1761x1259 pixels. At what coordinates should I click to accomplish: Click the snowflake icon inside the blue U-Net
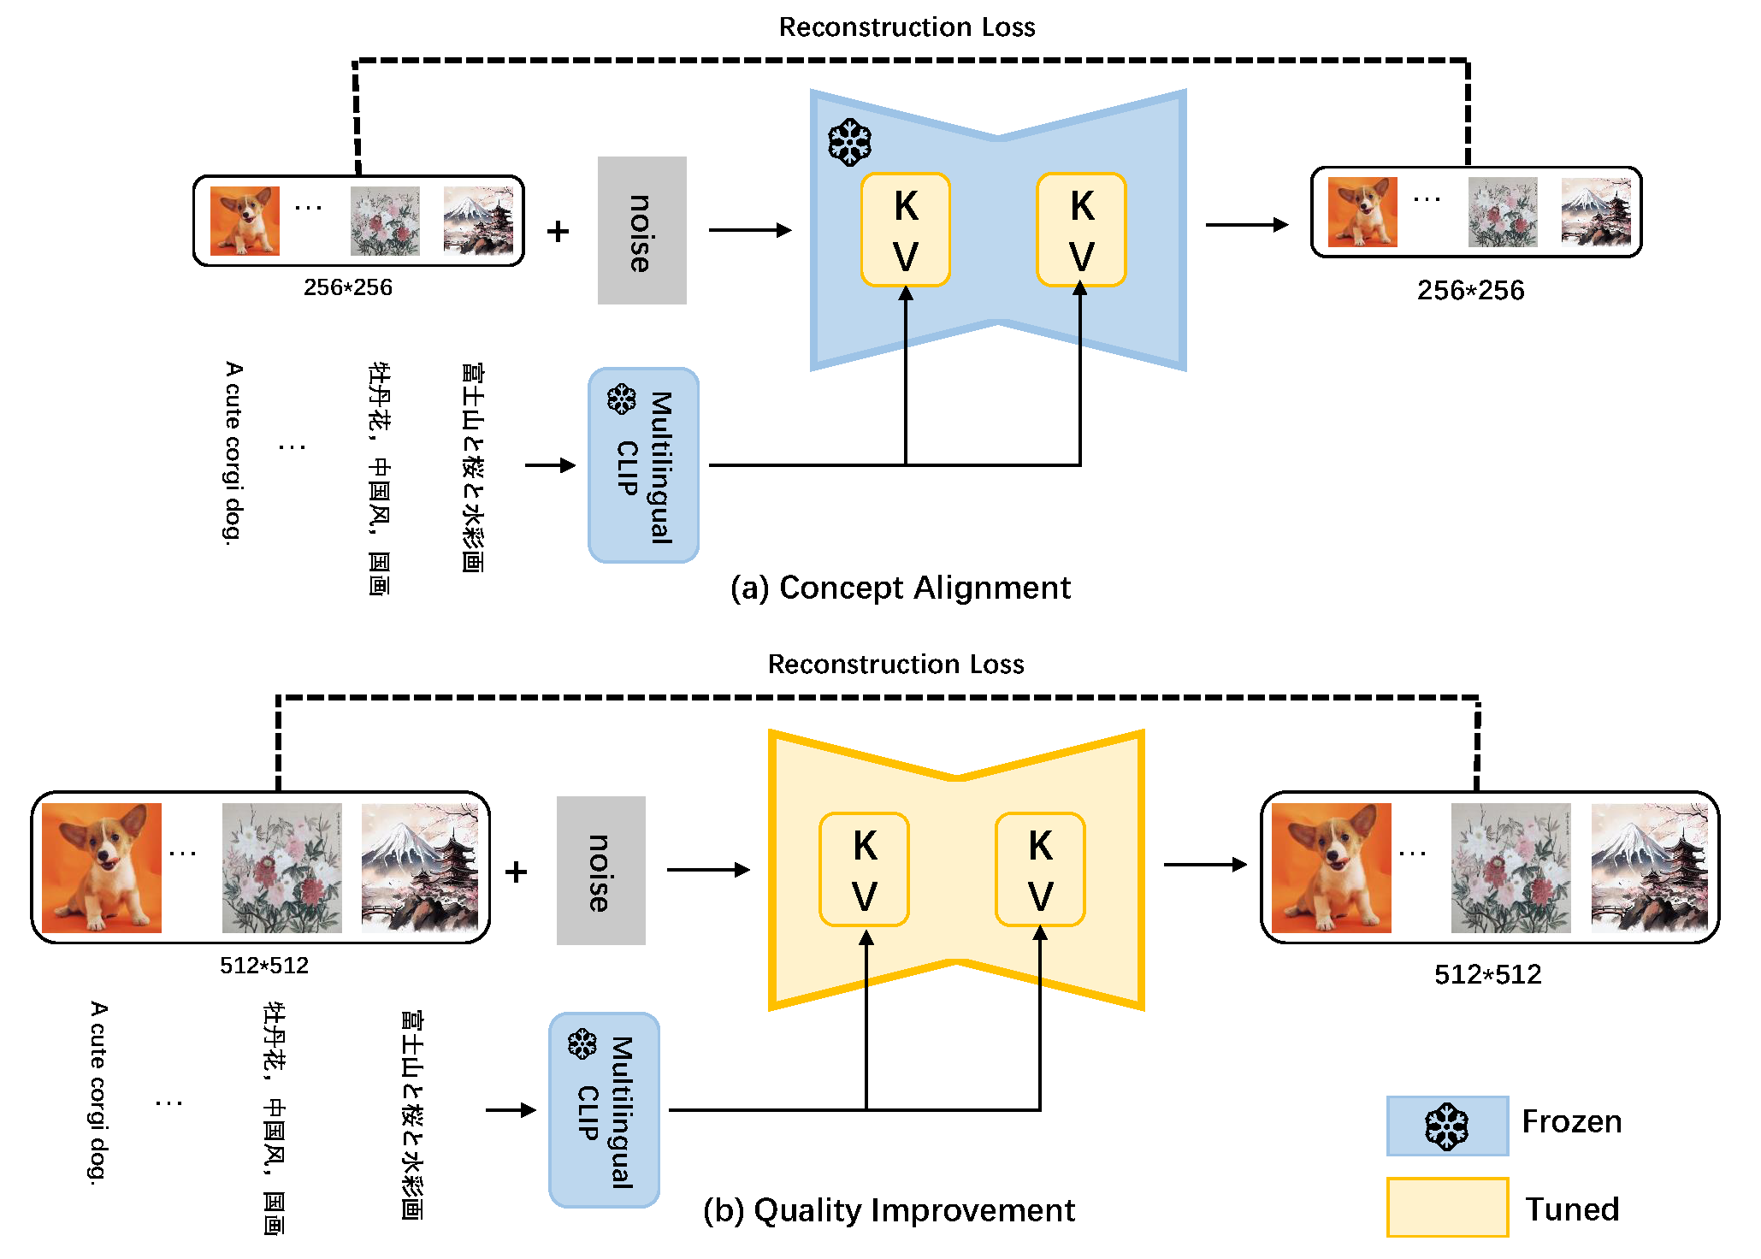[x=849, y=143]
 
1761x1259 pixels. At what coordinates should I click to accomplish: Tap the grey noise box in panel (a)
[x=641, y=230]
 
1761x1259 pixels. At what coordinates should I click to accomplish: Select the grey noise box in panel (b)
[x=600, y=871]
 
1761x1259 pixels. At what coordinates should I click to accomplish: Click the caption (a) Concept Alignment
[x=900, y=588]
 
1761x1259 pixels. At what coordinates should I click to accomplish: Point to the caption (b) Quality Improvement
[x=889, y=1211]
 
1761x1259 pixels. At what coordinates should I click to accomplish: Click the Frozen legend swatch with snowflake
[x=1447, y=1126]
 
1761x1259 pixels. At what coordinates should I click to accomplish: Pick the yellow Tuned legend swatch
[x=1447, y=1207]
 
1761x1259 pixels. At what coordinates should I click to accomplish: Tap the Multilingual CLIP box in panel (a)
[x=643, y=465]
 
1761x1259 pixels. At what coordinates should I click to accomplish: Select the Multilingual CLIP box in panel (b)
[x=604, y=1110]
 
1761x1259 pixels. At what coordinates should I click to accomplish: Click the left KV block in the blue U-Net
[x=906, y=230]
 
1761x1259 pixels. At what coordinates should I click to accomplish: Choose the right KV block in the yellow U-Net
[x=1040, y=869]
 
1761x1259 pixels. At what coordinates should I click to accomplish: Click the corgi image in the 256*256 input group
[x=245, y=221]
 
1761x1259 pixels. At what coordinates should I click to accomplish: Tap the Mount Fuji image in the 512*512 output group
[x=1649, y=867]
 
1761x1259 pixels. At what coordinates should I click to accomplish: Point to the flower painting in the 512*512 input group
[x=281, y=867]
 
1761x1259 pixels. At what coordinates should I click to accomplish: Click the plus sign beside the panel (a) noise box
[x=558, y=231]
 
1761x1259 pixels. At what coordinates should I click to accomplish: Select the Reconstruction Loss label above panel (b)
[x=895, y=665]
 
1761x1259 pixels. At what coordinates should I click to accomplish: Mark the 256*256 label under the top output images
[x=1470, y=291]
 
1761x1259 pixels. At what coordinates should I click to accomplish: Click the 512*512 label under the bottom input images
[x=264, y=966]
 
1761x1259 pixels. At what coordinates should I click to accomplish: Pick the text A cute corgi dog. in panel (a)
[x=233, y=452]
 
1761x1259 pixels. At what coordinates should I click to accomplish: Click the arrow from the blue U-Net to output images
[x=1246, y=225]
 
